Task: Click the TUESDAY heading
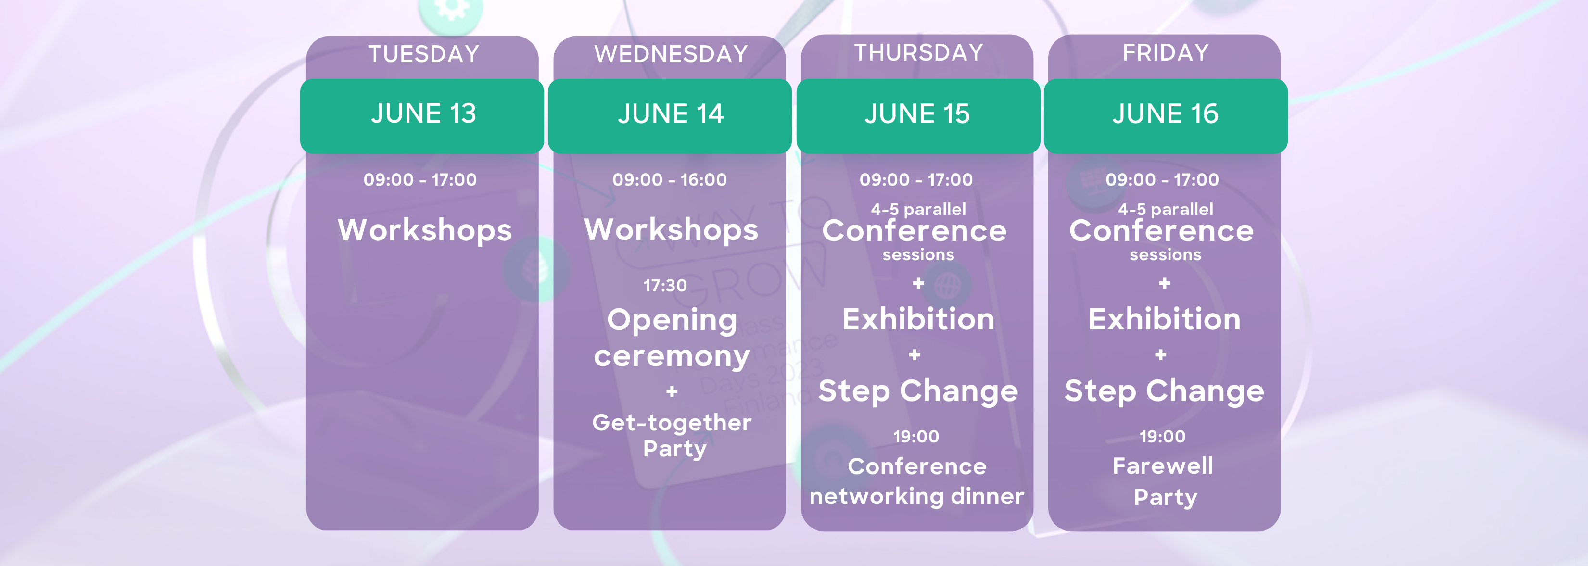pyautogui.click(x=424, y=54)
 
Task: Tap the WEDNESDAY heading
pyautogui.click(x=671, y=54)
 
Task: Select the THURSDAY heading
pyautogui.click(x=918, y=52)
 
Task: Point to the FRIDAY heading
pyautogui.click(x=1166, y=52)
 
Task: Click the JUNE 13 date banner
pyautogui.click(x=422, y=116)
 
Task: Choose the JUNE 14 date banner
pyautogui.click(x=670, y=116)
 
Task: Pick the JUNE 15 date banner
pyautogui.click(x=918, y=116)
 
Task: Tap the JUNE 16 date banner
pyautogui.click(x=1166, y=116)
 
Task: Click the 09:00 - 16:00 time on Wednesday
pyautogui.click(x=670, y=179)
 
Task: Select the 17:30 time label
pyautogui.click(x=665, y=286)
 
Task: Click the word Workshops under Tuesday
pyautogui.click(x=425, y=230)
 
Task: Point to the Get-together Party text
pyautogui.click(x=672, y=435)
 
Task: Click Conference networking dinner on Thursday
pyautogui.click(x=917, y=481)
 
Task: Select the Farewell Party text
pyautogui.click(x=1163, y=481)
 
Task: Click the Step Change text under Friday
pyautogui.click(x=1165, y=391)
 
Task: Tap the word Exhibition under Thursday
pyautogui.click(x=918, y=319)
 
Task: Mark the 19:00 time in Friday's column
pyautogui.click(x=1163, y=437)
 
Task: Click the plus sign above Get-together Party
pyautogui.click(x=672, y=391)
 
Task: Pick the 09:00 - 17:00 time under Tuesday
pyautogui.click(x=420, y=179)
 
